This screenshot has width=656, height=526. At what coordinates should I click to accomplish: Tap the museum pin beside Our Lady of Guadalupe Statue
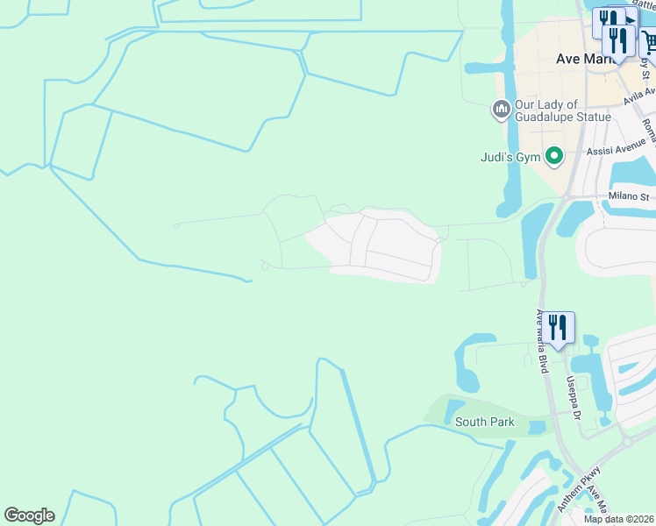(501, 110)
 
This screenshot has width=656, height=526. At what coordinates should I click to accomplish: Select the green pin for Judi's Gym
(553, 157)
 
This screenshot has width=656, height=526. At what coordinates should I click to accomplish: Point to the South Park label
(484, 422)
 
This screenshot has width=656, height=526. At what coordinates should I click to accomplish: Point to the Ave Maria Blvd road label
(542, 342)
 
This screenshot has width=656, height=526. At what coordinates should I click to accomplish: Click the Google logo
(29, 515)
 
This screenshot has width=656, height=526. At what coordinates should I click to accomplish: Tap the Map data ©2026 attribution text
(618, 519)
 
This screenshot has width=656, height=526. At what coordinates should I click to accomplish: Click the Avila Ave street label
(638, 96)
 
